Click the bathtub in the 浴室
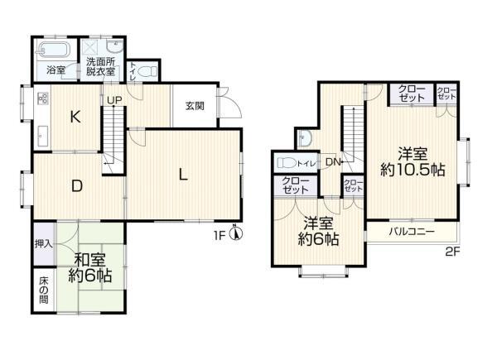53,50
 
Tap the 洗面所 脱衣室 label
100,66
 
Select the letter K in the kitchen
75,117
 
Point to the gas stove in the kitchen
43,98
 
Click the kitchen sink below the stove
43,137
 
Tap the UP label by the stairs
114,100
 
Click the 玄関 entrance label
195,106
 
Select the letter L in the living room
183,175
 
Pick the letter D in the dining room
77,186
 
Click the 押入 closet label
43,244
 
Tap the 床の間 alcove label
44,290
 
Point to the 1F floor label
220,235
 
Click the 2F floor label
452,252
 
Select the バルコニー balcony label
412,232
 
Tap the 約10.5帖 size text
413,170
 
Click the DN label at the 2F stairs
333,162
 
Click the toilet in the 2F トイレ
287,163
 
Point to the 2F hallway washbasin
306,138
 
